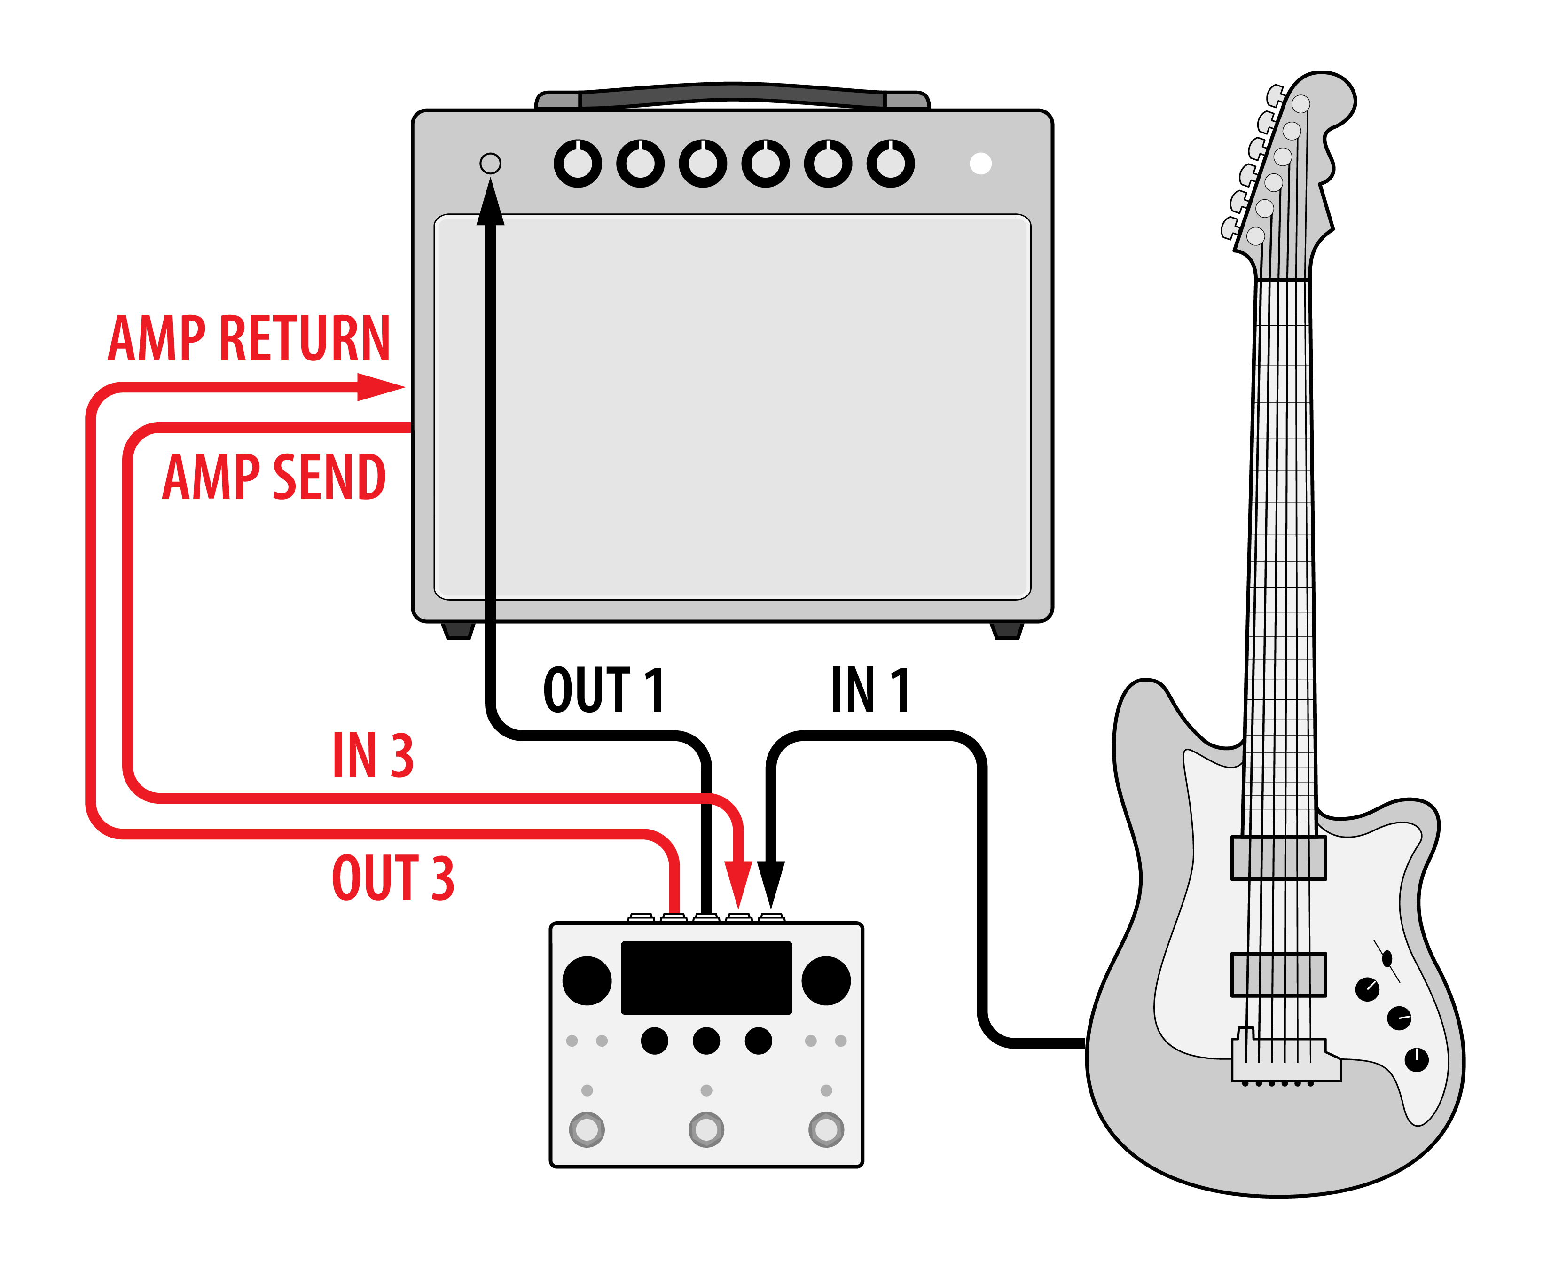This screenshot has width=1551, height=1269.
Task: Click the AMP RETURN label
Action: point(249,338)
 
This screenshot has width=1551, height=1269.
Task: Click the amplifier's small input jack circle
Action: point(490,163)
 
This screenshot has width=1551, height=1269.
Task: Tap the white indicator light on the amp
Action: point(980,163)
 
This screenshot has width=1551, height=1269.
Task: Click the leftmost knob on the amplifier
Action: point(578,163)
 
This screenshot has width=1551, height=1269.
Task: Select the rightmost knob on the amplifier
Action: point(890,163)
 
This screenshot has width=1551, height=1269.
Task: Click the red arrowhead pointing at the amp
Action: point(380,387)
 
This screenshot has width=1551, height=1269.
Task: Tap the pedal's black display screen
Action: point(706,977)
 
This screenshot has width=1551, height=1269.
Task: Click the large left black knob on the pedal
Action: point(587,980)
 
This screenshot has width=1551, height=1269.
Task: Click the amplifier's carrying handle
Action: point(732,95)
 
